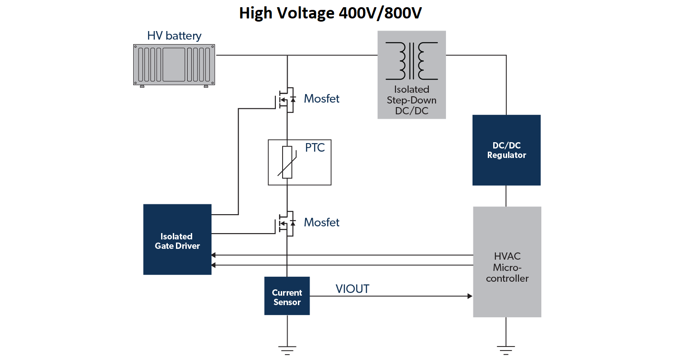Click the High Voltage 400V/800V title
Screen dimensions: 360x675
coord(330,13)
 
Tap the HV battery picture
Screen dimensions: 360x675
coord(174,64)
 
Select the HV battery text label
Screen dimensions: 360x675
coord(174,36)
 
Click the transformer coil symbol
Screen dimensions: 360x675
coord(411,60)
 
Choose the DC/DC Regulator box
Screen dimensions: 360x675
coord(506,150)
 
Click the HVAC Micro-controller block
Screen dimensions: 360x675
coord(507,262)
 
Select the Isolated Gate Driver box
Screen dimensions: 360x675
coord(177,239)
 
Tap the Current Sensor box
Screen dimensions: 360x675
coord(287,296)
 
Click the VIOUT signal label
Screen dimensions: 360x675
coord(352,289)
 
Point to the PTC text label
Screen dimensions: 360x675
coord(315,148)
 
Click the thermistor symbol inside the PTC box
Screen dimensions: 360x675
coord(287,162)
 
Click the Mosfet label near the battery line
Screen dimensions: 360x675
coord(322,99)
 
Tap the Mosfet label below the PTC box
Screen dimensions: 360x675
coord(322,222)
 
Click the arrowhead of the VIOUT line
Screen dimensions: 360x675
coord(470,296)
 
